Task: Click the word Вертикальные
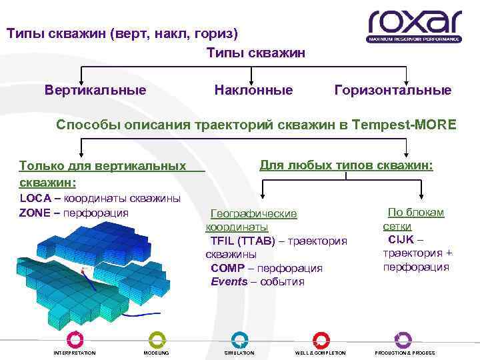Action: click(x=95, y=89)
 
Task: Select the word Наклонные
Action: click(x=253, y=89)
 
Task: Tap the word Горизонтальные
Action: click(x=393, y=89)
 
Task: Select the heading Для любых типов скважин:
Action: click(x=346, y=164)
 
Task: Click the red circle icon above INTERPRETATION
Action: click(x=75, y=339)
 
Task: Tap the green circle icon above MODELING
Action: click(x=156, y=339)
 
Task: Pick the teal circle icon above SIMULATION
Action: click(x=239, y=339)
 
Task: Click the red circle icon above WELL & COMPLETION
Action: click(x=321, y=339)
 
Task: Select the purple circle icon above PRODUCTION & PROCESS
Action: click(x=403, y=339)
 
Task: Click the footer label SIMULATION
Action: click(x=239, y=353)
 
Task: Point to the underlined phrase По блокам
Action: click(x=416, y=213)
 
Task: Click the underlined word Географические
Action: click(x=253, y=214)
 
